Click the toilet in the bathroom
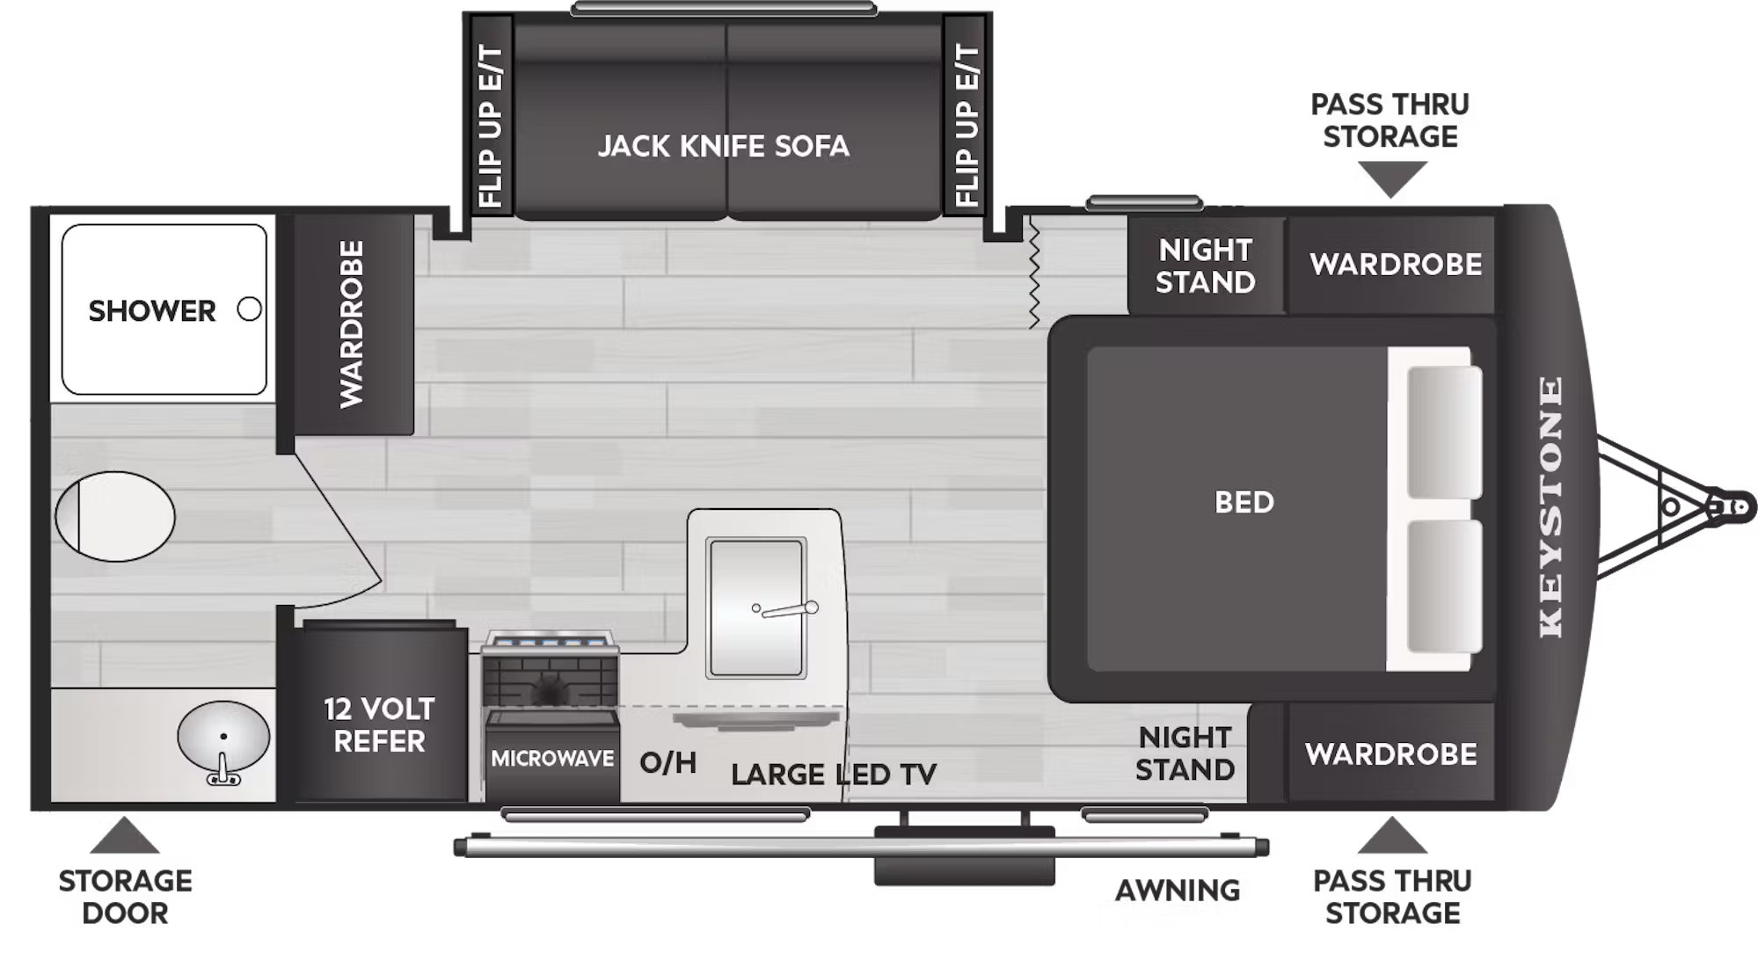(x=114, y=516)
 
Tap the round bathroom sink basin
(x=223, y=735)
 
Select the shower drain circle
(x=250, y=309)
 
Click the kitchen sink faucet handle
(x=787, y=609)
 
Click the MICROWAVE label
(x=552, y=758)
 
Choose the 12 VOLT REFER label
(x=379, y=725)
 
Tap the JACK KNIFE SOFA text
(x=724, y=146)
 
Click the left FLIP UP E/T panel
(x=489, y=125)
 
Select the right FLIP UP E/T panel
(x=966, y=125)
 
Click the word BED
(x=1244, y=502)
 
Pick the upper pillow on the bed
(x=1444, y=432)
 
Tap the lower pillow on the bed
(x=1444, y=586)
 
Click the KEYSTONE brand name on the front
(x=1550, y=507)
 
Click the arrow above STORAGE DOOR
(x=124, y=835)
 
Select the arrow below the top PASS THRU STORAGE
(x=1391, y=179)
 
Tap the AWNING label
(x=1178, y=891)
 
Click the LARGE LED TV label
(x=834, y=775)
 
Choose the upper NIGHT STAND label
(x=1205, y=266)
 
